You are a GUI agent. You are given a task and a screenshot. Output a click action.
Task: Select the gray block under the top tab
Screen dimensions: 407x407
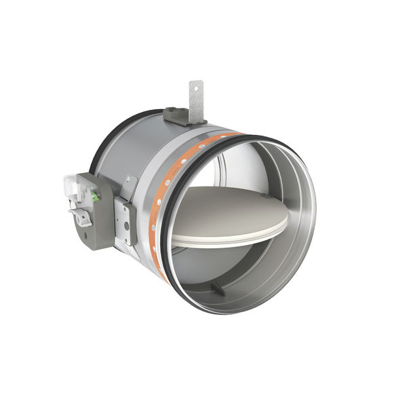point(180,117)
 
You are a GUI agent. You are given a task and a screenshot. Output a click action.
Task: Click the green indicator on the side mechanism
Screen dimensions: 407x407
point(95,197)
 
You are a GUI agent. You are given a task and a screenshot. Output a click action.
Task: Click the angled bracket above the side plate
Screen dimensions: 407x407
point(128,187)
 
